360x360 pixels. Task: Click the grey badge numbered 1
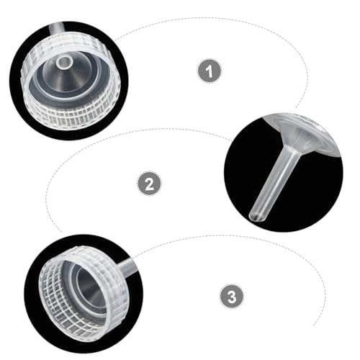[210, 71]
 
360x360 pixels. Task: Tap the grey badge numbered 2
[150, 183]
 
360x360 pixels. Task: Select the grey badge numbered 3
[232, 296]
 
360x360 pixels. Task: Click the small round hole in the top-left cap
[64, 63]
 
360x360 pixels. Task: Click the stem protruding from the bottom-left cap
[128, 265]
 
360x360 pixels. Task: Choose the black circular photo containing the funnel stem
[284, 174]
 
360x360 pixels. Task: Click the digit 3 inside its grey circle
[232, 296]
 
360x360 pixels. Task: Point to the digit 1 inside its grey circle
[210, 71]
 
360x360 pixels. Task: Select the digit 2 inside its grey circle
[150, 184]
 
